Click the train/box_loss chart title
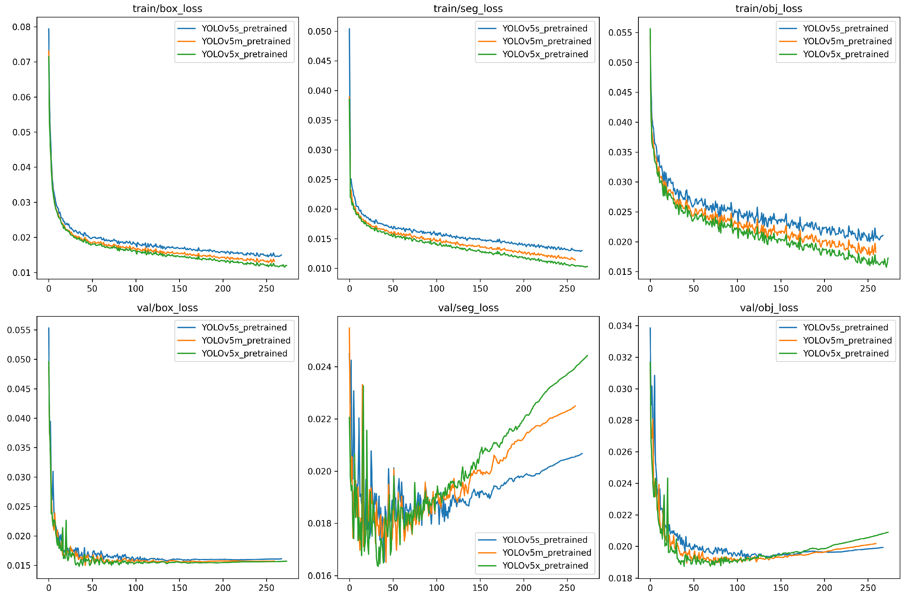167,8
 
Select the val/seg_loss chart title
468,308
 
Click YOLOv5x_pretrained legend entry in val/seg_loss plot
545,565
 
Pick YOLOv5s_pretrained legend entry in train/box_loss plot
244,28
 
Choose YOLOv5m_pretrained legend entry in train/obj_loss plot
847,41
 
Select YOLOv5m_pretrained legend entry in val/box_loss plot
246,340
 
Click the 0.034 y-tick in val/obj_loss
620,326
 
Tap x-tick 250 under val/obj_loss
868,588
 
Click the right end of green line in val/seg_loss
587,356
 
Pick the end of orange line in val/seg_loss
575,406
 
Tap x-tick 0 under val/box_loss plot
49,588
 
